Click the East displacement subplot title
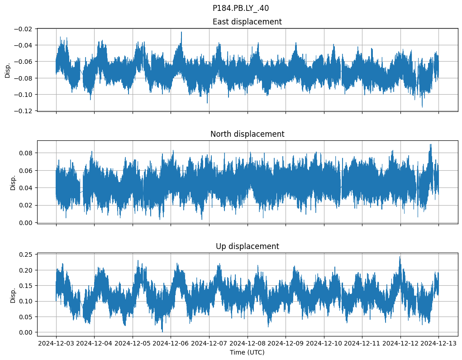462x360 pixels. (247, 22)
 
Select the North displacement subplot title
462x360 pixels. (247, 134)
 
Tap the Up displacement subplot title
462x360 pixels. (247, 246)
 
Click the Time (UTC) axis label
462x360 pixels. (247, 352)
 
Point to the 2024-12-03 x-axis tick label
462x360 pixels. (56, 344)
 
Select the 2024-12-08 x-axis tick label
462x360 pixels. (248, 344)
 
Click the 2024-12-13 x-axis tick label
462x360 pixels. (438, 344)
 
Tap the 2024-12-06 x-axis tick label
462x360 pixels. (171, 344)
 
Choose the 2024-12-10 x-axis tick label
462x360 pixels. (324, 344)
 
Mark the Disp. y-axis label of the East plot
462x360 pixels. (7, 70)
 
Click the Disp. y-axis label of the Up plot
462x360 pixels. (13, 295)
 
